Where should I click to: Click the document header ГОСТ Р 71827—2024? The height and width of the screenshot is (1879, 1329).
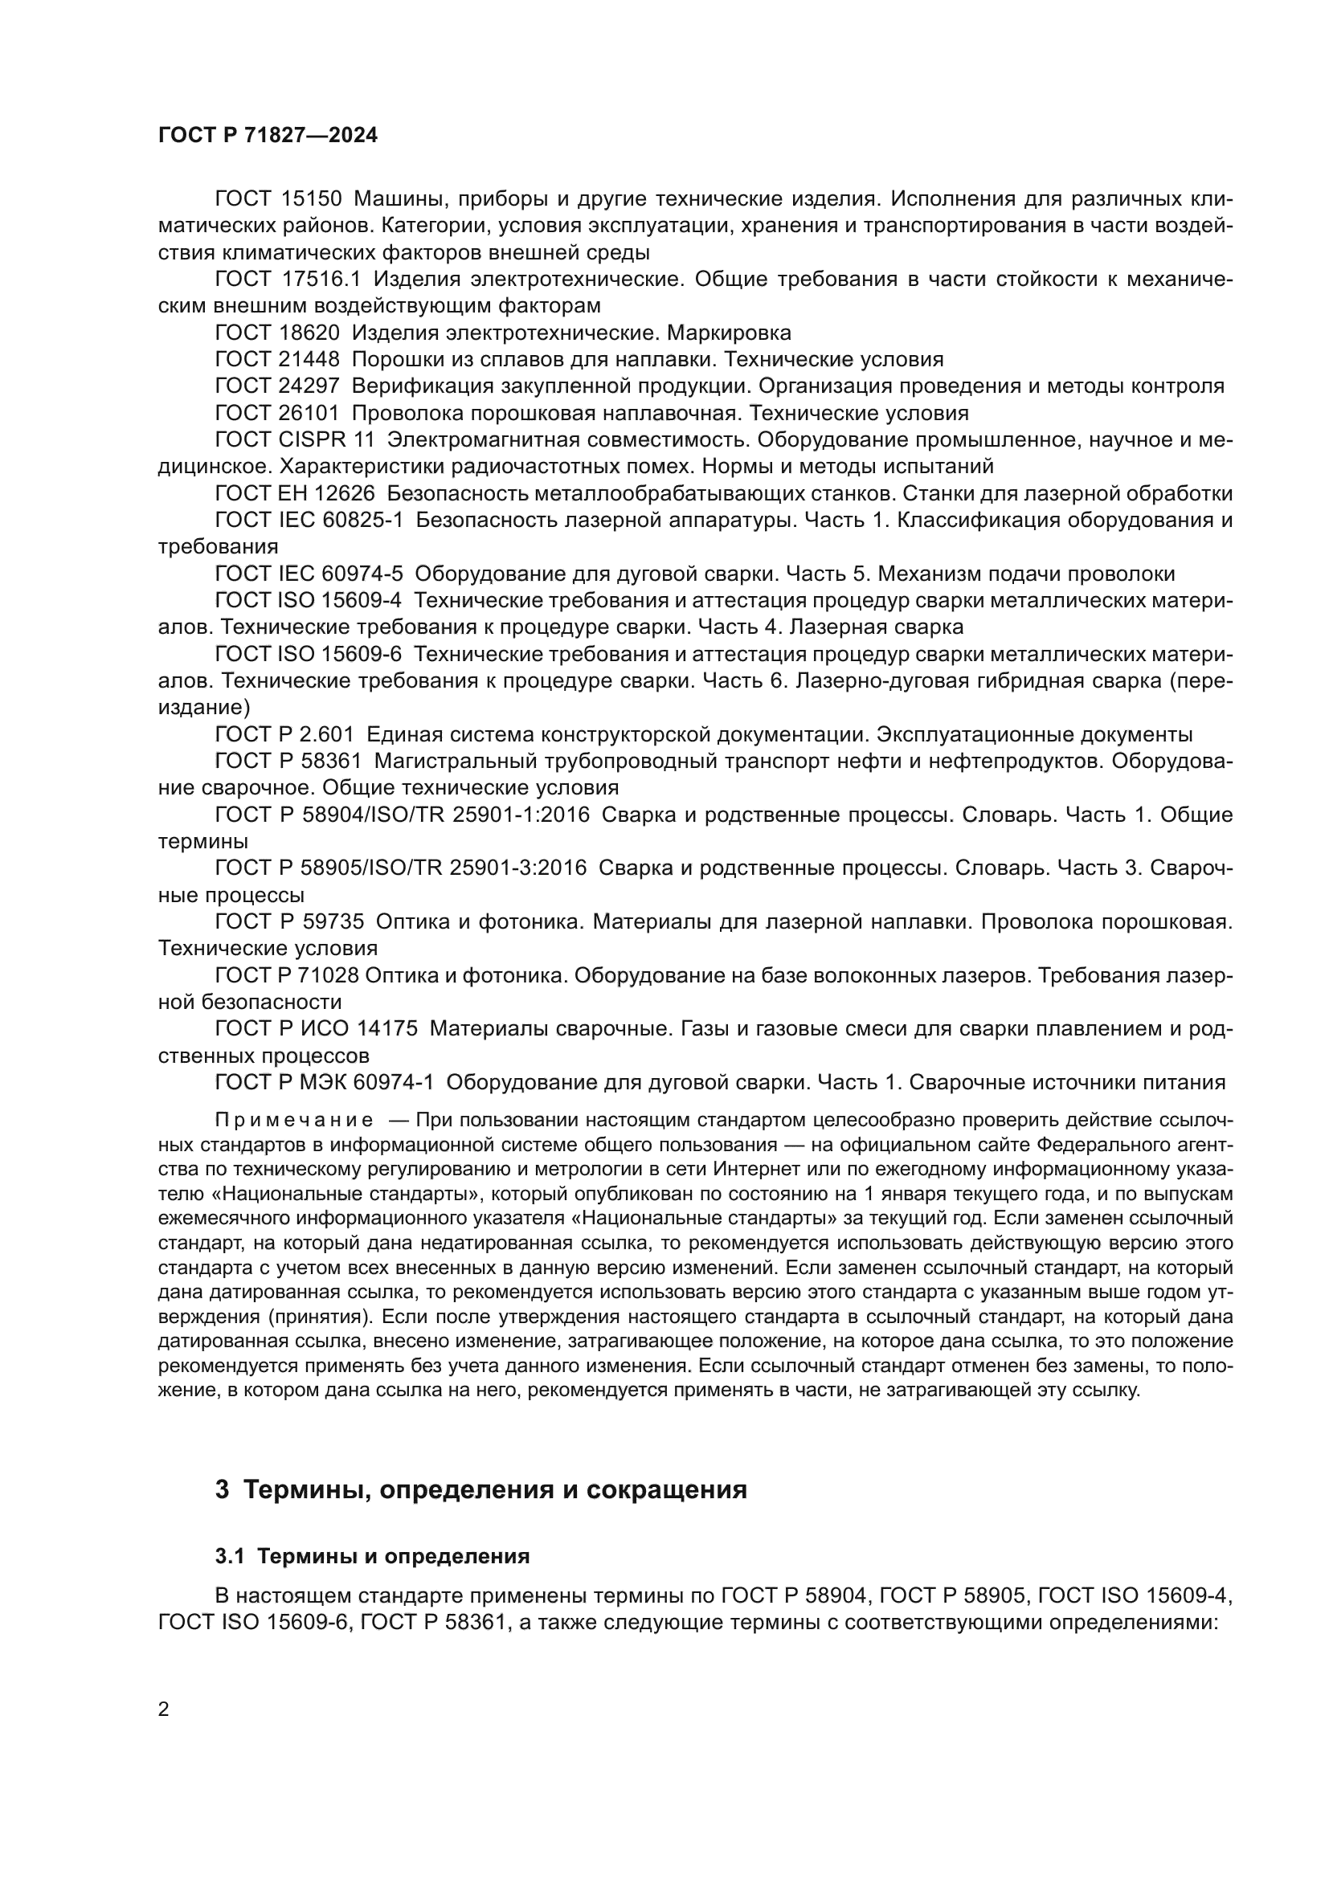pos(268,136)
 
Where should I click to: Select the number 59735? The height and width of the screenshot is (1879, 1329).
pos(334,922)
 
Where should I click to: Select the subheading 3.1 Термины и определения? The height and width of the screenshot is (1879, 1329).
pos(372,1556)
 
